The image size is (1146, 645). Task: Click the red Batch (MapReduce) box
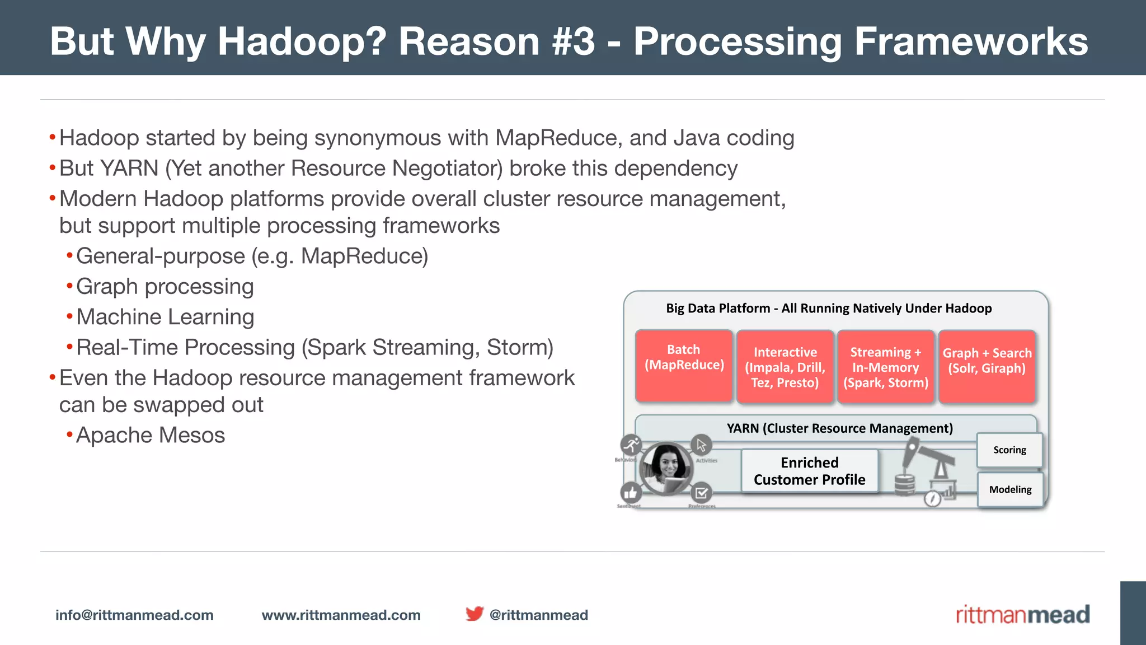pyautogui.click(x=684, y=365)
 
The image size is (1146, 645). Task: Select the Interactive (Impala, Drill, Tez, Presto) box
pyautogui.click(x=785, y=367)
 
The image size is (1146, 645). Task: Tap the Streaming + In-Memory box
pyautogui.click(x=885, y=367)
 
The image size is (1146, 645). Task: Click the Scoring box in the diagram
pyautogui.click(x=1009, y=450)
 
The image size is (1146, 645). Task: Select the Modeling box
pyautogui.click(x=1010, y=489)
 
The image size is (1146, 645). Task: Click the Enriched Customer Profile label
pyautogui.click(x=809, y=471)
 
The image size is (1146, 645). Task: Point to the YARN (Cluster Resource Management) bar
pyautogui.click(x=839, y=428)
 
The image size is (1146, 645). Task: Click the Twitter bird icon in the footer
pyautogui.click(x=474, y=614)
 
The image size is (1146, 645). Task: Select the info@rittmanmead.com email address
pyautogui.click(x=134, y=615)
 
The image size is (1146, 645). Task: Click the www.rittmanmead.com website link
pyautogui.click(x=341, y=615)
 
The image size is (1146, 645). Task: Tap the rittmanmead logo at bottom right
pyautogui.click(x=1022, y=615)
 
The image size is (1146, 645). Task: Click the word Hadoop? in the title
pyautogui.click(x=302, y=41)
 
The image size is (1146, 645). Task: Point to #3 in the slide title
pyautogui.click(x=573, y=41)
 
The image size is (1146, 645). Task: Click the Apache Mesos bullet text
pyautogui.click(x=150, y=435)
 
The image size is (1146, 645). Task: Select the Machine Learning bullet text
pyautogui.click(x=165, y=317)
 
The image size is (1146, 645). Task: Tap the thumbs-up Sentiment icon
pyautogui.click(x=631, y=493)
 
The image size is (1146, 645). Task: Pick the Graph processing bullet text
pyautogui.click(x=165, y=287)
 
